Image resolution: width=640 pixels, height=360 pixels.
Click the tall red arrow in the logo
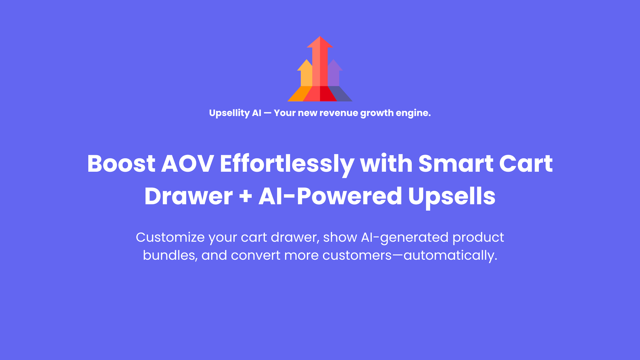coord(320,68)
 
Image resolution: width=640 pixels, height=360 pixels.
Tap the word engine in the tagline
coord(414,114)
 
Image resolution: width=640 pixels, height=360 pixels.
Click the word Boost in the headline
coord(121,164)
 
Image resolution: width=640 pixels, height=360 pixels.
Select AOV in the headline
coord(187,164)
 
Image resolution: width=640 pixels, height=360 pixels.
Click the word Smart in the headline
coord(456,164)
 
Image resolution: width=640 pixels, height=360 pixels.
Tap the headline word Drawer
coord(188,196)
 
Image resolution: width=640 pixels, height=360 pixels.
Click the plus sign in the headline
coord(246,196)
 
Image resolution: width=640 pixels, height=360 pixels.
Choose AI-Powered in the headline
coord(330,196)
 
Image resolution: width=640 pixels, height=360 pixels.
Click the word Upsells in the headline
coord(452,197)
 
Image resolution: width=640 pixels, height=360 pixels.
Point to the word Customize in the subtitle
coord(170,238)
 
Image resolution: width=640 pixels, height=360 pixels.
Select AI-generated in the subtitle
coord(404,238)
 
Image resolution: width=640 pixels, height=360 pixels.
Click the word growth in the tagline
coord(377,114)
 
